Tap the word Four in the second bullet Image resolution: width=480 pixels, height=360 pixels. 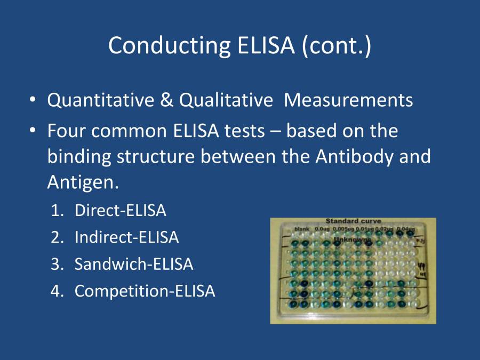point(66,131)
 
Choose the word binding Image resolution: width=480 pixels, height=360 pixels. point(79,157)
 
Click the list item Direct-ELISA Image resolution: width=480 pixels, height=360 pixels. point(121,211)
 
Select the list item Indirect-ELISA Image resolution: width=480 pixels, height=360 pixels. point(126,237)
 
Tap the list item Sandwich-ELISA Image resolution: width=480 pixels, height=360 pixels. point(134,264)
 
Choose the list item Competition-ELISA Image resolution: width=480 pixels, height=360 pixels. point(145,291)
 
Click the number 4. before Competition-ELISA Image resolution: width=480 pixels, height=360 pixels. point(58,291)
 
